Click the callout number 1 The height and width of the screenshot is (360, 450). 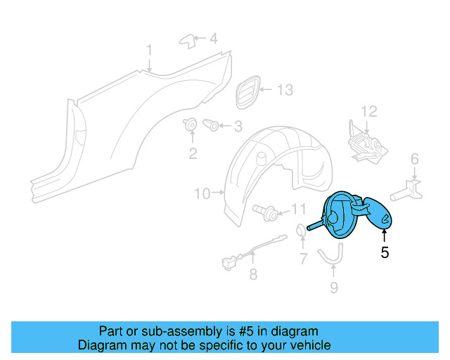[149, 50]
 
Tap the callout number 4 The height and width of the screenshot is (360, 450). [213, 39]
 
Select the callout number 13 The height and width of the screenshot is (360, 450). [284, 90]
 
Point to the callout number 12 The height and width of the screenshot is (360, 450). [369, 111]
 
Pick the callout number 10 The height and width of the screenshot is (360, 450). [202, 193]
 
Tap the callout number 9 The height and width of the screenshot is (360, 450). [334, 287]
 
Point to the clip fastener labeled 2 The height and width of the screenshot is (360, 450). [191, 127]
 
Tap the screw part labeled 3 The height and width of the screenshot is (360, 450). [212, 126]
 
